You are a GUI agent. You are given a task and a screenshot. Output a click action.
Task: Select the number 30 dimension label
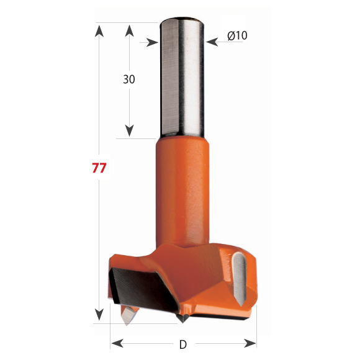click(x=129, y=79)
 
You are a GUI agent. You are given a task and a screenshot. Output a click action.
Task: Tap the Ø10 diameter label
click(x=237, y=36)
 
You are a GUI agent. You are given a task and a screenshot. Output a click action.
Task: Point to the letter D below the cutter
click(x=182, y=344)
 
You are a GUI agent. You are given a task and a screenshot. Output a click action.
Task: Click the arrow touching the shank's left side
click(x=151, y=42)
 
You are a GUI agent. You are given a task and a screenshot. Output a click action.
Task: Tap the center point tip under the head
click(x=183, y=318)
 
